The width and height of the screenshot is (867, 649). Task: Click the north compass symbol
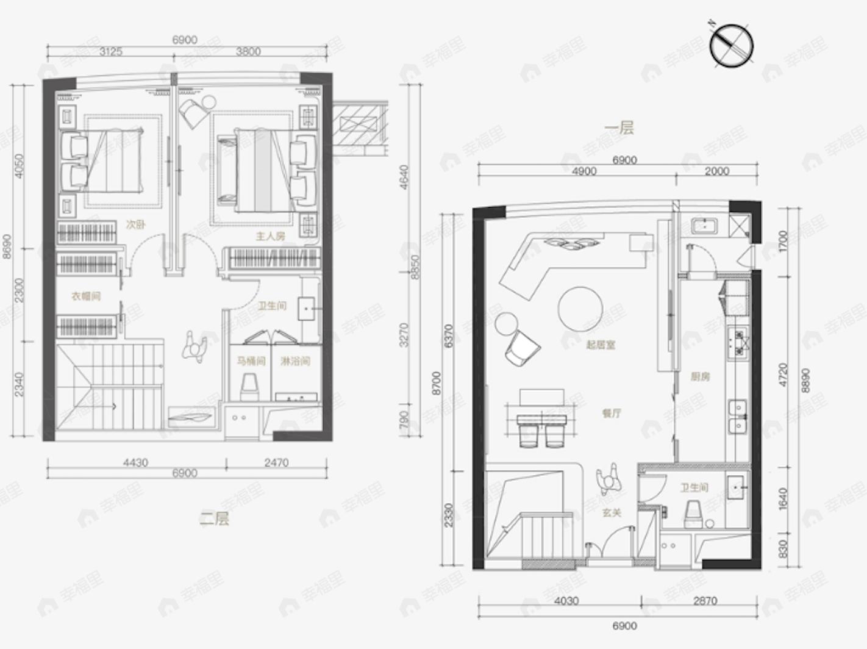[x=731, y=46]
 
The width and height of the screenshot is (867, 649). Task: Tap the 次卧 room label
[x=135, y=224]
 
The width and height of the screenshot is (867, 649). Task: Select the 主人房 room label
[x=270, y=236]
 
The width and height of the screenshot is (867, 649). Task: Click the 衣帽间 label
[x=86, y=296]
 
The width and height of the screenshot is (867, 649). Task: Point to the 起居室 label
[x=601, y=345]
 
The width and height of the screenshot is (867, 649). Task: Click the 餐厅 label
[x=611, y=413]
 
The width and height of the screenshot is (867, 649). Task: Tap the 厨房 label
[x=700, y=377]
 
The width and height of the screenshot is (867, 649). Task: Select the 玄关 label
[x=611, y=513]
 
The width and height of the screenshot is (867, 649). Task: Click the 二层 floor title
[x=215, y=519]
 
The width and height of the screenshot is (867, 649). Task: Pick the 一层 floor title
[x=619, y=127]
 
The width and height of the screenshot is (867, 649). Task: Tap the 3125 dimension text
[x=111, y=52]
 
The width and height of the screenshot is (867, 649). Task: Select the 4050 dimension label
[x=20, y=166]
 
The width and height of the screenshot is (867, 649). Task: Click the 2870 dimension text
[x=705, y=601]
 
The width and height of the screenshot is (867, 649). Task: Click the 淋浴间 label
[x=295, y=361]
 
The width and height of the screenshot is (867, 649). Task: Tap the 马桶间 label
[x=251, y=361]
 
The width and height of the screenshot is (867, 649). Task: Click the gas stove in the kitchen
[x=738, y=342]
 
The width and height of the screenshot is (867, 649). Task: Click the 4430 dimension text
[x=135, y=463]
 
